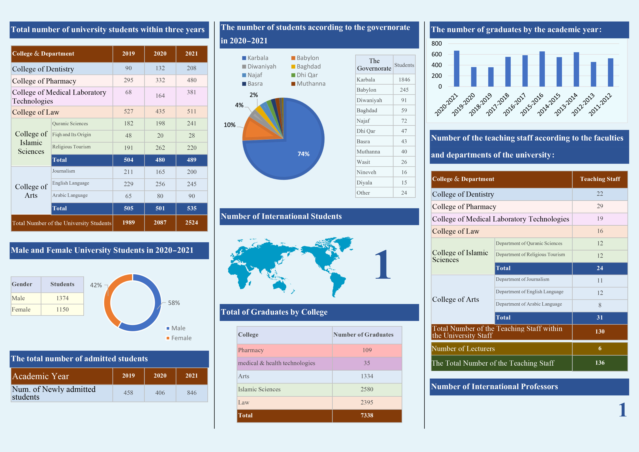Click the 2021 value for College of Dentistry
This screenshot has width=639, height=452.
(x=191, y=68)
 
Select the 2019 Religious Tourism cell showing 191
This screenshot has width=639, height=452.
(x=128, y=148)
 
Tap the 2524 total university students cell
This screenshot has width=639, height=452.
(x=191, y=223)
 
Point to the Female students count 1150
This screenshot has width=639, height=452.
(x=62, y=309)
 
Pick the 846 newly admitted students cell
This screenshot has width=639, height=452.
(x=191, y=393)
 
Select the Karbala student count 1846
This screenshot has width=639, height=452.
(x=404, y=80)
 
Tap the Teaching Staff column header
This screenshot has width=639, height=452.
(x=600, y=179)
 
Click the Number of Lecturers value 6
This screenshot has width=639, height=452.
(x=600, y=348)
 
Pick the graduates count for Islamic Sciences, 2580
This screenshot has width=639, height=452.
(x=367, y=389)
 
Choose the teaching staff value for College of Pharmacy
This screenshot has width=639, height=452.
(x=600, y=206)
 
